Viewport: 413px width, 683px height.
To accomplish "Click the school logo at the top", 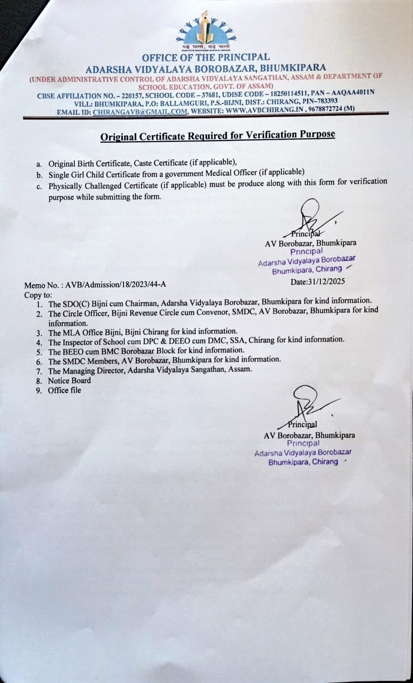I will point(204,32).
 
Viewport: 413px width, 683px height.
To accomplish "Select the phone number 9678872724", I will point(326,109).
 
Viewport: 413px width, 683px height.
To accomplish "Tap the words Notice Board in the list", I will point(69,381).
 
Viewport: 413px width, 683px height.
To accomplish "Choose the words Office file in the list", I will point(64,390).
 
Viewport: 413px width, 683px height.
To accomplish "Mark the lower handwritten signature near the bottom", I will point(309,406).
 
